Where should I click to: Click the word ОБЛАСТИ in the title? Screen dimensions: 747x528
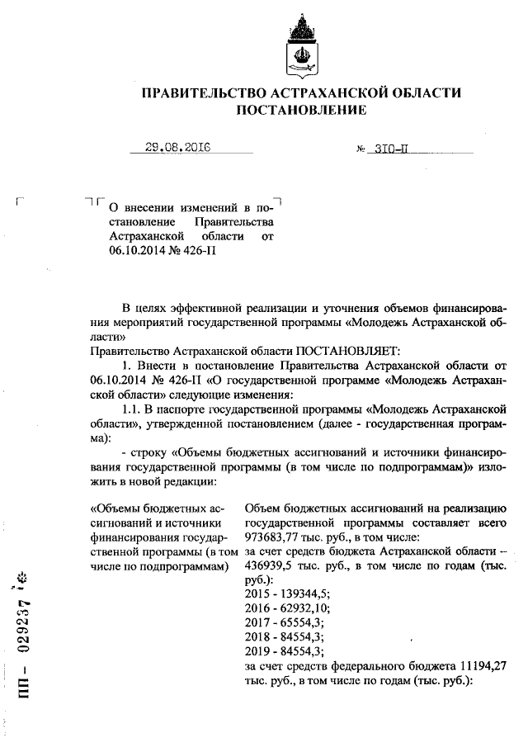coord(426,93)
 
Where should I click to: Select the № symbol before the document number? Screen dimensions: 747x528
coord(361,150)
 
